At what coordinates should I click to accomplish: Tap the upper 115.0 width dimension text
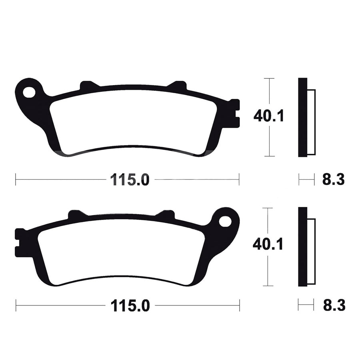pos(130,180)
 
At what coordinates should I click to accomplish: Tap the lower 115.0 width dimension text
pos(130,306)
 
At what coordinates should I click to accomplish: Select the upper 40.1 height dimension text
pos(268,116)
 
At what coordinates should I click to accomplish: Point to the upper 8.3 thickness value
pos(333,180)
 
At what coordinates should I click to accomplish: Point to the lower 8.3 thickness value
pos(334,306)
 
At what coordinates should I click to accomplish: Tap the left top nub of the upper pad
pos(89,85)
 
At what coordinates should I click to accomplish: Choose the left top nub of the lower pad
pos(76,214)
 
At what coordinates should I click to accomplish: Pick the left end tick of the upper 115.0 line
pos(16,180)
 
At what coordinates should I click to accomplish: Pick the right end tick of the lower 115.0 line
pos(239,306)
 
